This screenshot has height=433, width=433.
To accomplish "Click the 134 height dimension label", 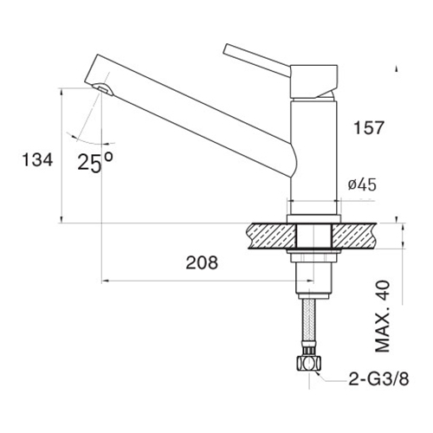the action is [x=37, y=159].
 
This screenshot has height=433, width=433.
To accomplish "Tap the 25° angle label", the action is [x=95, y=163].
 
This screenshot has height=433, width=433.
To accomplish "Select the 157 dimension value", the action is [x=369, y=127].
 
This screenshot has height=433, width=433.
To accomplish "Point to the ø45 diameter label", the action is [x=362, y=184].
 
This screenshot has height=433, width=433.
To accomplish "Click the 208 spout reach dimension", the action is [x=202, y=263].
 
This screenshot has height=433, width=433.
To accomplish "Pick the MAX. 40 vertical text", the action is [x=383, y=316].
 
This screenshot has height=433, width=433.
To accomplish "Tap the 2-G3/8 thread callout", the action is [x=378, y=379].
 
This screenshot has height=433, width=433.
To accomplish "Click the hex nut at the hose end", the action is [x=308, y=364].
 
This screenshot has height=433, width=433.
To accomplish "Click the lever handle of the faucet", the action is [x=257, y=60].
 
